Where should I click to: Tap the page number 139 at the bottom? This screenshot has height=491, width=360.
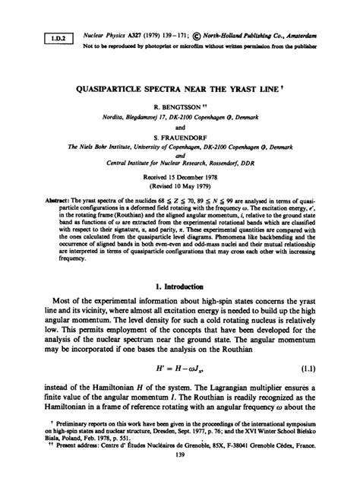coord(179,474)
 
